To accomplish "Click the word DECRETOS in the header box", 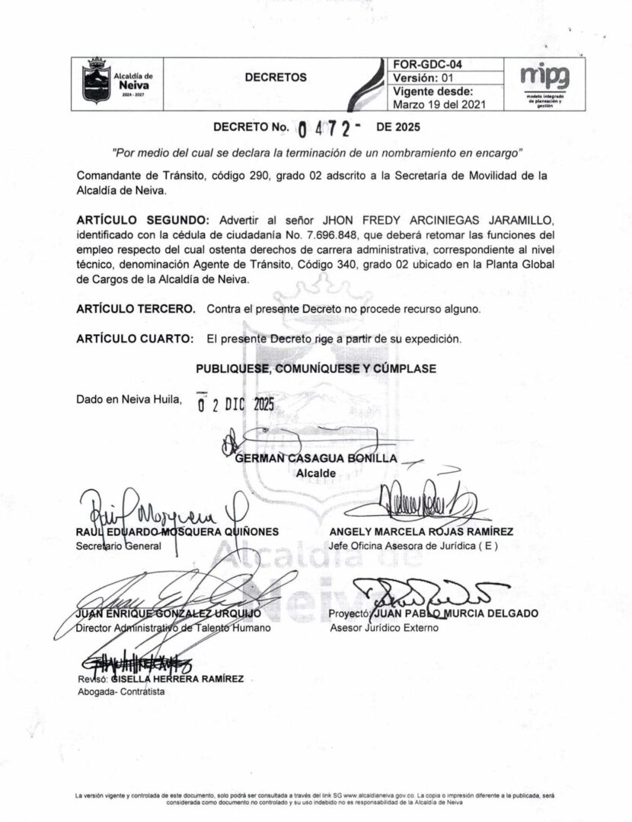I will (276, 78).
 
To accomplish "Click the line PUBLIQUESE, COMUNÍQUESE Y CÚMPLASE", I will (316, 369).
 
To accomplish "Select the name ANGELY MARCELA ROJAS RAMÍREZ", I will (421, 531).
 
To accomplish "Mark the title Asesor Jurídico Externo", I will (385, 629).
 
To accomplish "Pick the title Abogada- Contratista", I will (121, 692).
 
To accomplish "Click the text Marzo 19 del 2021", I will (437, 104).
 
